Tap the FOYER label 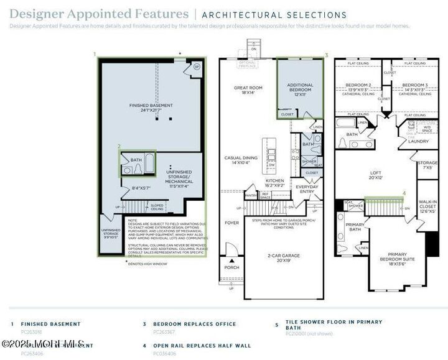231,222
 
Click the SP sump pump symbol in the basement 196,67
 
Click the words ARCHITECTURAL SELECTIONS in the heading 274,15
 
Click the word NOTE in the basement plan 133,219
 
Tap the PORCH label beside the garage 231,267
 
